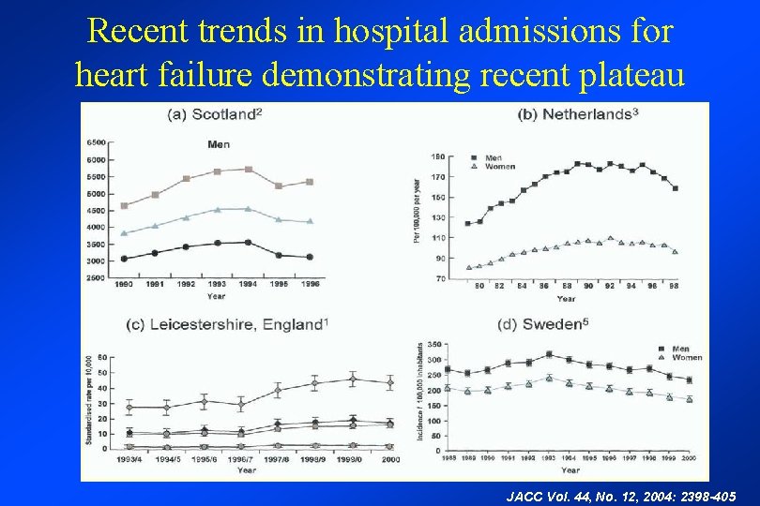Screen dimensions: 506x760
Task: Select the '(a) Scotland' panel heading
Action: click(x=214, y=115)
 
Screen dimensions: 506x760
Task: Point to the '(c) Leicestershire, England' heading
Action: click(x=228, y=324)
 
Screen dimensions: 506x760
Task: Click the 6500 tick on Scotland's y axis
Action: click(x=95, y=142)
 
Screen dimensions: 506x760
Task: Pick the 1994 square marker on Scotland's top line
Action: click(x=249, y=169)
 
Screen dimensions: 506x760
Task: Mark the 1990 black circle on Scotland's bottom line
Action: click(x=124, y=259)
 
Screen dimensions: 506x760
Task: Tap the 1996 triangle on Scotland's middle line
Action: click(x=311, y=221)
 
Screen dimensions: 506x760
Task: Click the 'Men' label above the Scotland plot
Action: click(x=218, y=144)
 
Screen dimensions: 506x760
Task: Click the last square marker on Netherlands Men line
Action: click(x=676, y=188)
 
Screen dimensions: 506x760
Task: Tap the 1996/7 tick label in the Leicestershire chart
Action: click(x=241, y=459)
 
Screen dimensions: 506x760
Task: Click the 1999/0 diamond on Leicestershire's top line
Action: click(x=353, y=379)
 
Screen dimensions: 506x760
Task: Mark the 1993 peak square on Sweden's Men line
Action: click(x=549, y=354)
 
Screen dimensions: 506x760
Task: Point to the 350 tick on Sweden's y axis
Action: click(x=433, y=346)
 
